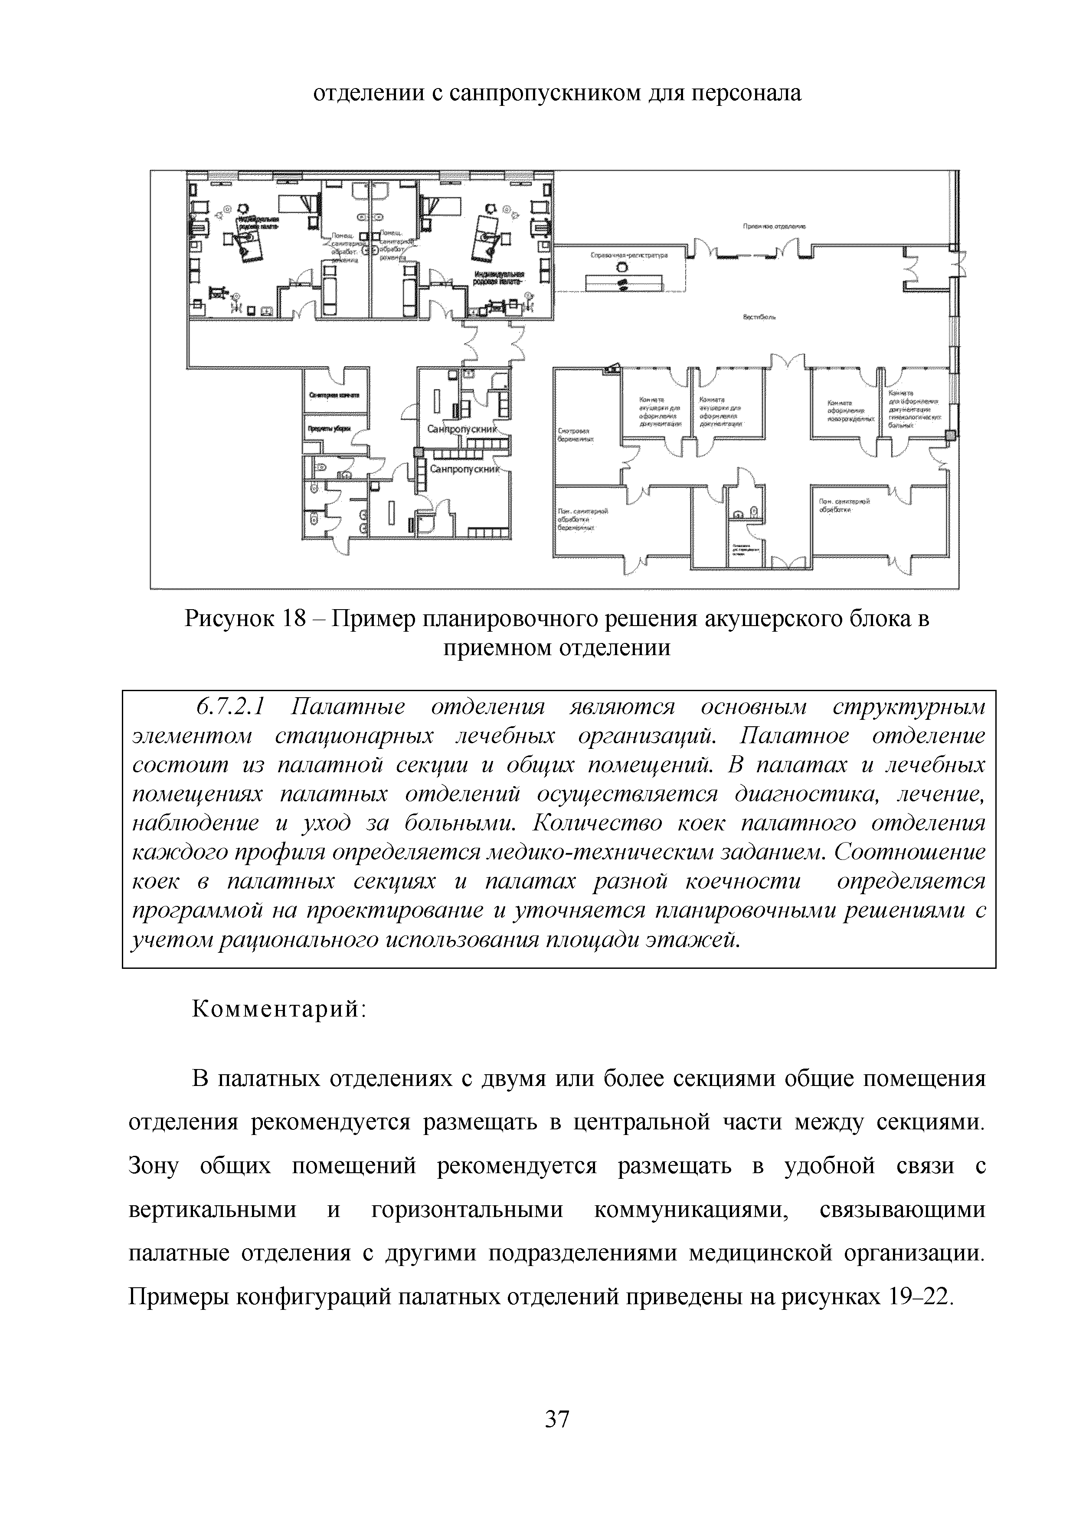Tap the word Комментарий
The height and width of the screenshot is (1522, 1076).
pos(278,1009)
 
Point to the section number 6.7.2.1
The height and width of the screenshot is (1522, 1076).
pos(231,707)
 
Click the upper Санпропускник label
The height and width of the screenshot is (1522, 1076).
pos(462,430)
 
